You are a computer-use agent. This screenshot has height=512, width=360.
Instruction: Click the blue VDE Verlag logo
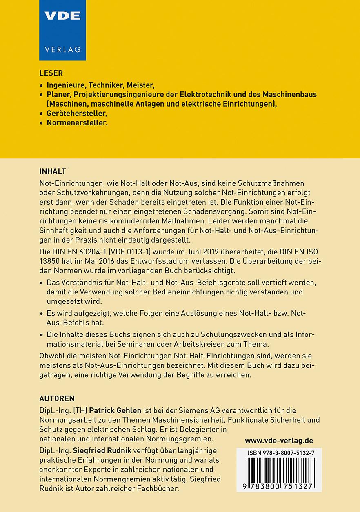(x=62, y=30)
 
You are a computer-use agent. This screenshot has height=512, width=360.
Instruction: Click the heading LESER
(x=51, y=73)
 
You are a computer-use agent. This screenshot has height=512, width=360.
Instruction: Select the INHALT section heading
(x=53, y=171)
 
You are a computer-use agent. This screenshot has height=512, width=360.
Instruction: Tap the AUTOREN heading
(x=57, y=398)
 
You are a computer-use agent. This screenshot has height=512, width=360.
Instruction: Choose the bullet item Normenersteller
(x=77, y=122)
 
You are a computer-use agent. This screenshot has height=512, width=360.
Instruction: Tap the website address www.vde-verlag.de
(x=279, y=441)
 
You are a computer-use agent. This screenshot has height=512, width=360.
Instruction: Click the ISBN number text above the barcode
(x=279, y=454)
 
